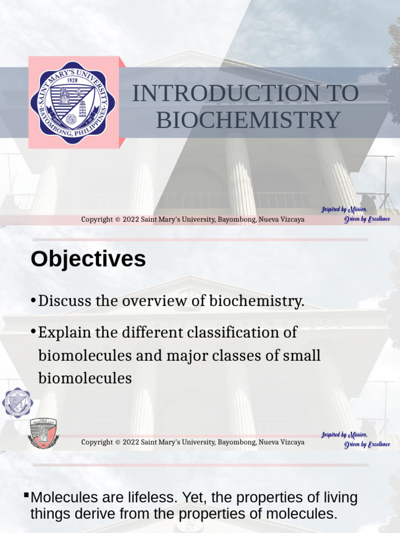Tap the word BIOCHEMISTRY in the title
[248, 120]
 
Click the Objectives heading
[88, 259]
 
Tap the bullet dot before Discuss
[33, 301]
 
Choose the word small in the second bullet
[301, 356]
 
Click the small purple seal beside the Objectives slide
[18, 402]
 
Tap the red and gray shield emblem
[43, 433]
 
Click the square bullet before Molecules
[27, 493]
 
